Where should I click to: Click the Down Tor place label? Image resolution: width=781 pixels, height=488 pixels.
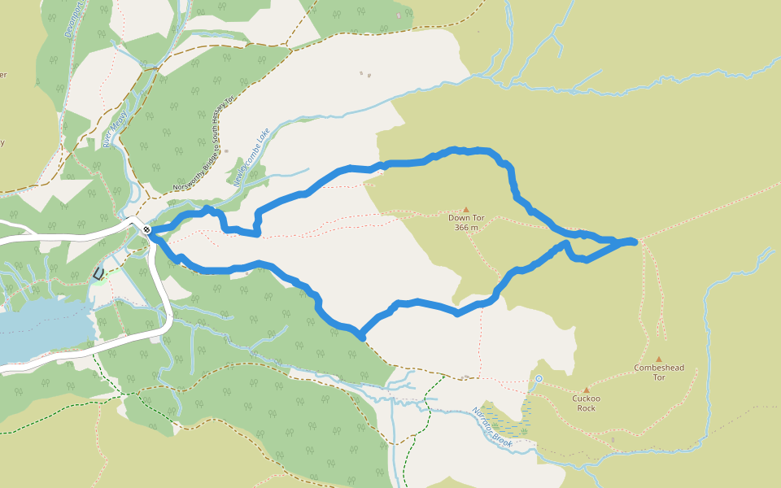(466, 218)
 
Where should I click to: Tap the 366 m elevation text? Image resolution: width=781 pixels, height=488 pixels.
(466, 228)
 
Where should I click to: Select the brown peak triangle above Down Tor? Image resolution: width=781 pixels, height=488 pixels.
(466, 209)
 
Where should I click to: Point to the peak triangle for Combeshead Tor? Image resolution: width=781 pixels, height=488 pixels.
(659, 359)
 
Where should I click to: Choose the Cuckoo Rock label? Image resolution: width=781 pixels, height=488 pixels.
(586, 403)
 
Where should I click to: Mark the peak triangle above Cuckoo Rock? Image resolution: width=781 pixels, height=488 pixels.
(586, 390)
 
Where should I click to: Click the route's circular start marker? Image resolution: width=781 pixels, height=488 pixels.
(146, 230)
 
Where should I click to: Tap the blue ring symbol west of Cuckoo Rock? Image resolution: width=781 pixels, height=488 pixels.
(539, 378)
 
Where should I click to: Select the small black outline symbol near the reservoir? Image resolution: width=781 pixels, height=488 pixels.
(99, 274)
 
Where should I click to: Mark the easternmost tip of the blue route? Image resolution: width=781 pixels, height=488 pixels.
(635, 241)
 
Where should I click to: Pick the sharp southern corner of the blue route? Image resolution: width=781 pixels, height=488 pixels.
(360, 335)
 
